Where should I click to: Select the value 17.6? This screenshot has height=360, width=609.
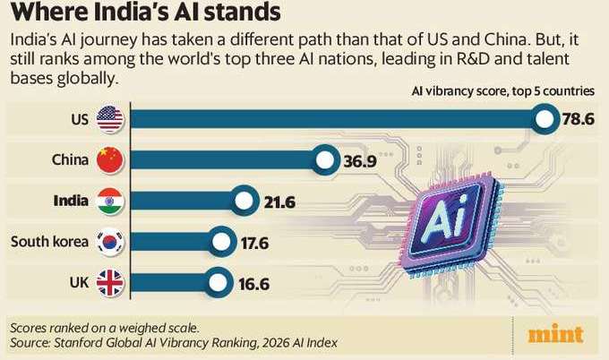point(253,242)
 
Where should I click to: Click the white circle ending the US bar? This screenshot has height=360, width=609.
point(544,120)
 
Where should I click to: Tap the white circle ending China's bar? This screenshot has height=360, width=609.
point(324,160)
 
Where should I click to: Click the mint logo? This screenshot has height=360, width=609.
point(556,337)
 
